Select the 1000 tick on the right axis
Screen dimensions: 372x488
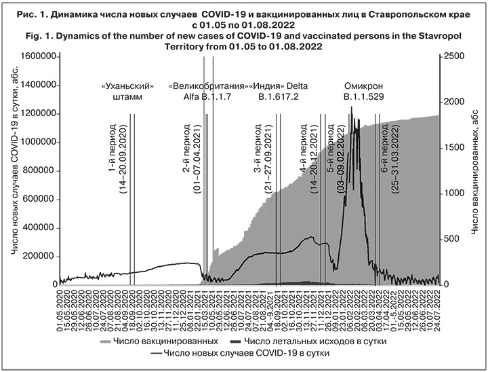coord(450,193)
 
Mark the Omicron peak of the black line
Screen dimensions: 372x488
coord(352,107)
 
